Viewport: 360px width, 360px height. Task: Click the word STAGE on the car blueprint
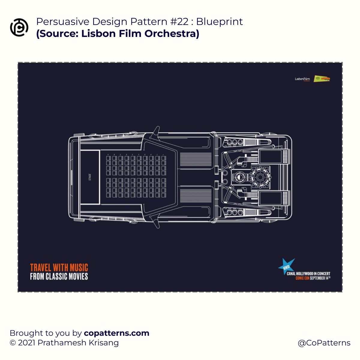coord(90,177)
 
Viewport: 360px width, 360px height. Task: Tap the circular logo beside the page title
coord(19,27)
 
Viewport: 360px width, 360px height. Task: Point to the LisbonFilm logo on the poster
coord(302,79)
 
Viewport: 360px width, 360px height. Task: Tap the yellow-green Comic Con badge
coord(322,79)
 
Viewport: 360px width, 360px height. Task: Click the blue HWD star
coord(286,266)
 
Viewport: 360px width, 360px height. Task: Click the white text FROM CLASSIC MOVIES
coord(59,276)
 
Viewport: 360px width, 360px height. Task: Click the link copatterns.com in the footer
coord(117,333)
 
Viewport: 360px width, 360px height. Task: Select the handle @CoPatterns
coord(324,343)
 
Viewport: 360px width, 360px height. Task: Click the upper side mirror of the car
coord(156,131)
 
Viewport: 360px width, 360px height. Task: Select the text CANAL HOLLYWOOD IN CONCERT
coord(309,274)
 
